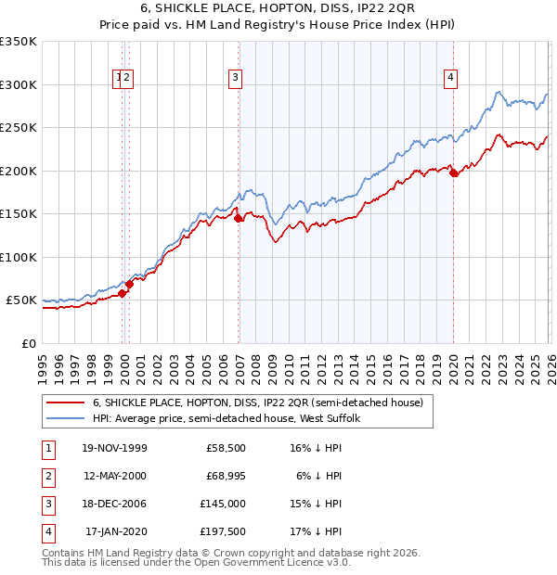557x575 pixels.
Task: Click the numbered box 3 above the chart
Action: tap(236, 79)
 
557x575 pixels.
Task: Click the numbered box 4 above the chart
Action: tap(450, 79)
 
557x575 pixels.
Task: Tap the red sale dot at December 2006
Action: tap(239, 219)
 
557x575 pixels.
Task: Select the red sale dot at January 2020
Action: tap(453, 173)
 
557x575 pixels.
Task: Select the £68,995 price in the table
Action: tap(227, 476)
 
